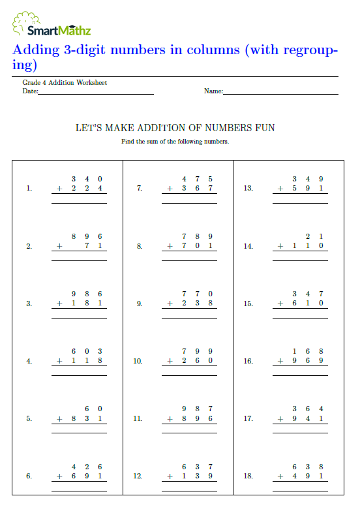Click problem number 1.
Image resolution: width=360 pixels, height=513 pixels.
pyautogui.click(x=29, y=189)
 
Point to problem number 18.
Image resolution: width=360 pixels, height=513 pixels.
pyautogui.click(x=248, y=476)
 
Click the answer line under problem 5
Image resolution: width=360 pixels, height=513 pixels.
pyautogui.click(x=79, y=431)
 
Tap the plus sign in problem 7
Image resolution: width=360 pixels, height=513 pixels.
pyautogui.click(x=170, y=189)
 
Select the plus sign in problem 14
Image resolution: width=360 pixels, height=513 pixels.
pyautogui.click(x=280, y=246)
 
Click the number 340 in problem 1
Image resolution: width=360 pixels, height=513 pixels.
pyautogui.click(x=87, y=179)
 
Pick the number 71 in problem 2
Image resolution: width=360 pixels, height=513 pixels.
pyautogui.click(x=93, y=246)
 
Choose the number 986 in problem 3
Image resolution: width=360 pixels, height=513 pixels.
pyautogui.click(x=87, y=294)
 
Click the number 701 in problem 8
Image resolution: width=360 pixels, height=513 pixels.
pyautogui.click(x=197, y=246)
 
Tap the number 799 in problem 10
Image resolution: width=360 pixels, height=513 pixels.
pyautogui.click(x=197, y=351)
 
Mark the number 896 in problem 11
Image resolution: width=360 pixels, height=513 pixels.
pyautogui.click(x=197, y=418)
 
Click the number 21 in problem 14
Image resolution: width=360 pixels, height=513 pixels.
pyautogui.click(x=314, y=236)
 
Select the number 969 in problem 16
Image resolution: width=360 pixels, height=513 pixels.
pyautogui.click(x=308, y=361)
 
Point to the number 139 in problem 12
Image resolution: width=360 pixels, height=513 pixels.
pyautogui.click(x=197, y=476)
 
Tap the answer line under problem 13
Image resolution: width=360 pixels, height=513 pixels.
pyautogui.click(x=300, y=202)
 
